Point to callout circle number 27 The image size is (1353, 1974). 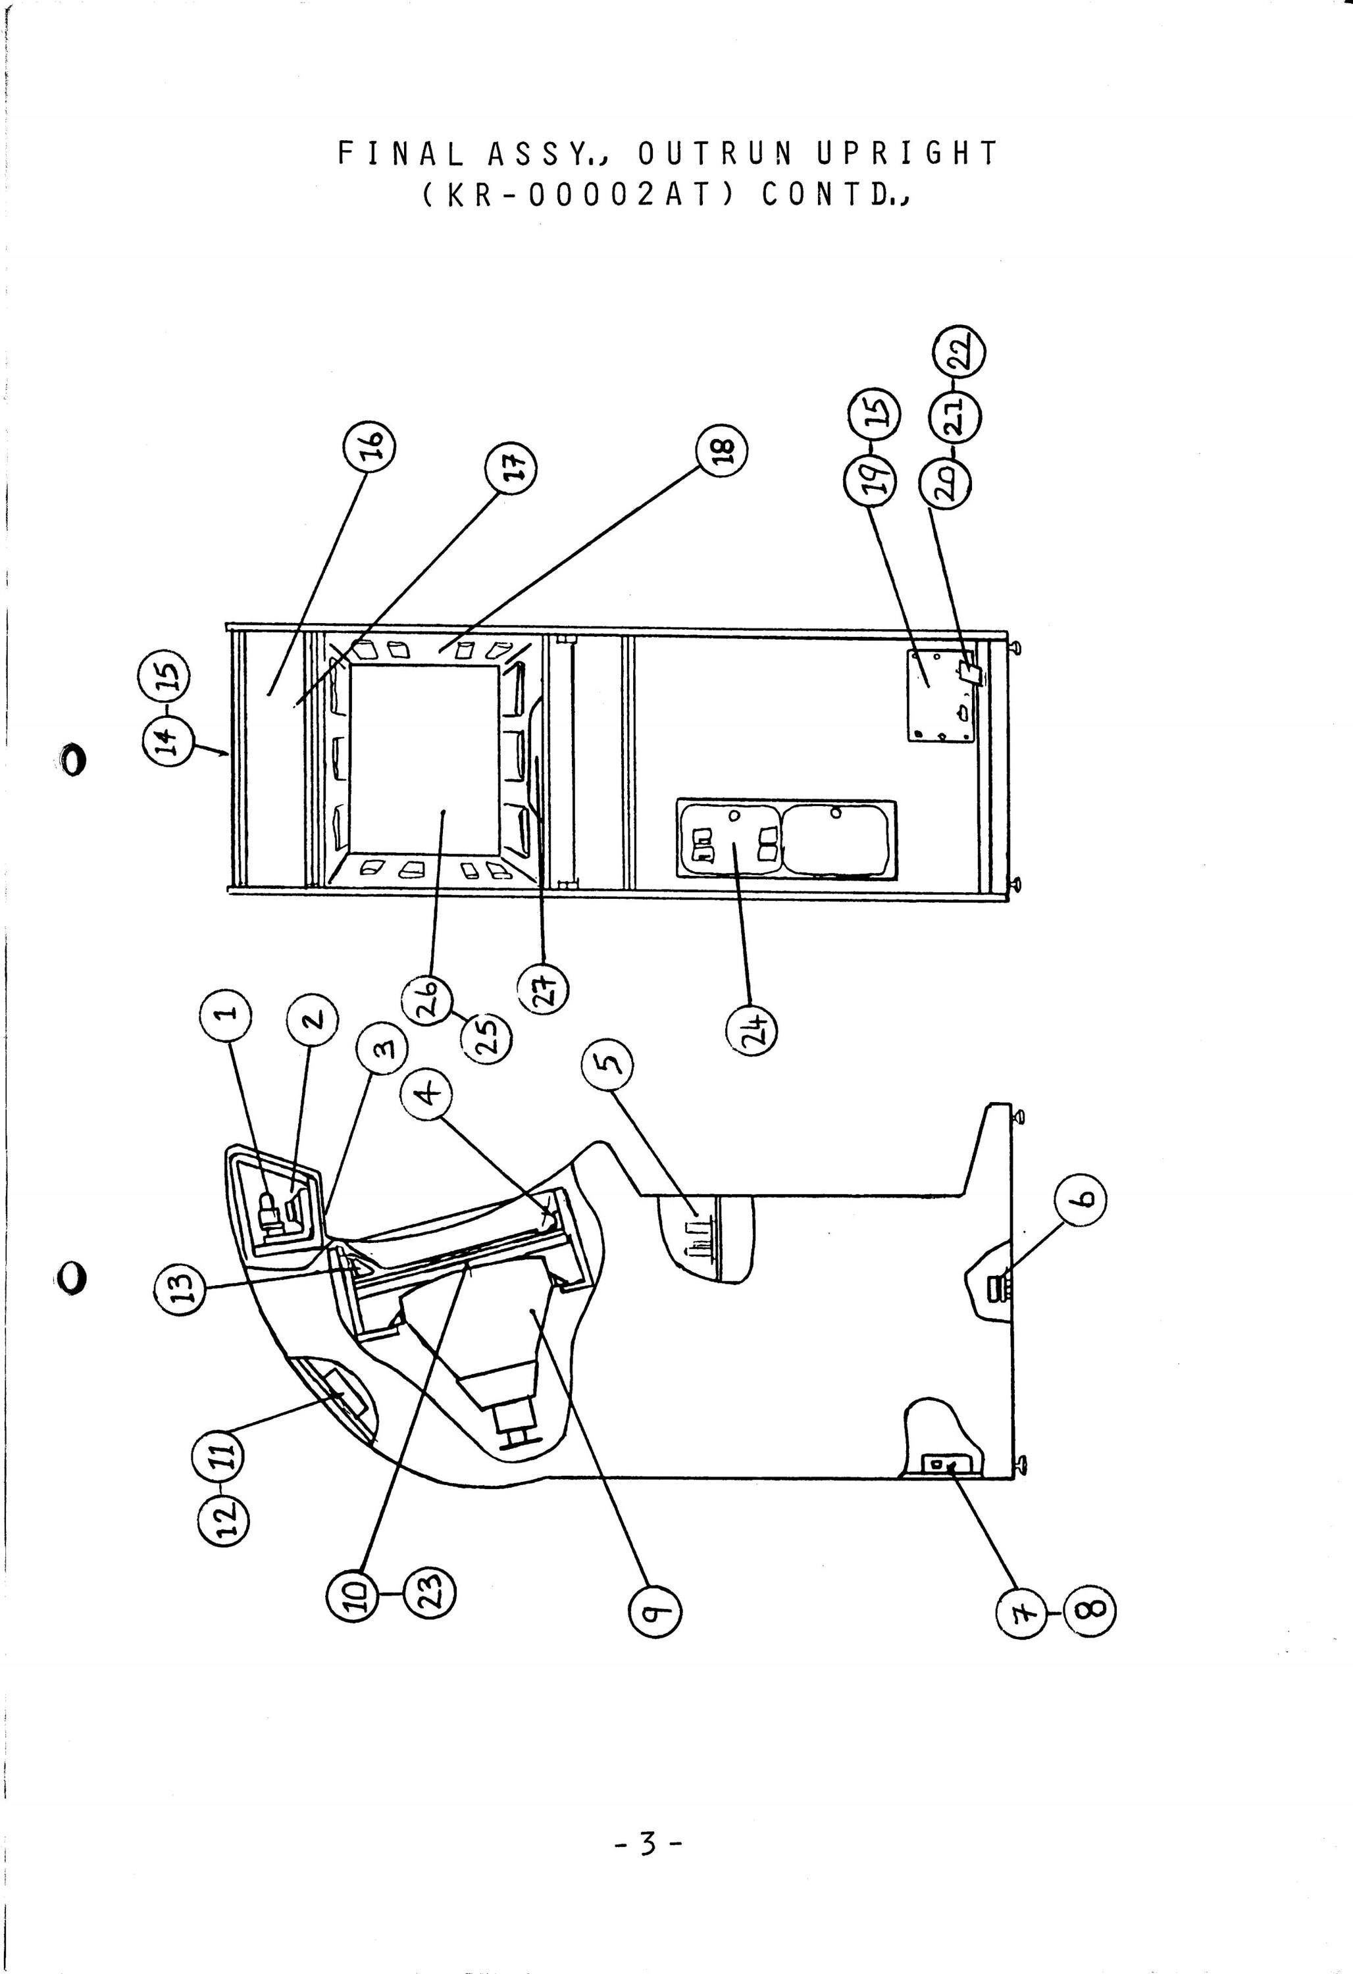coord(543,989)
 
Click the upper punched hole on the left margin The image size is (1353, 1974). coord(72,759)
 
